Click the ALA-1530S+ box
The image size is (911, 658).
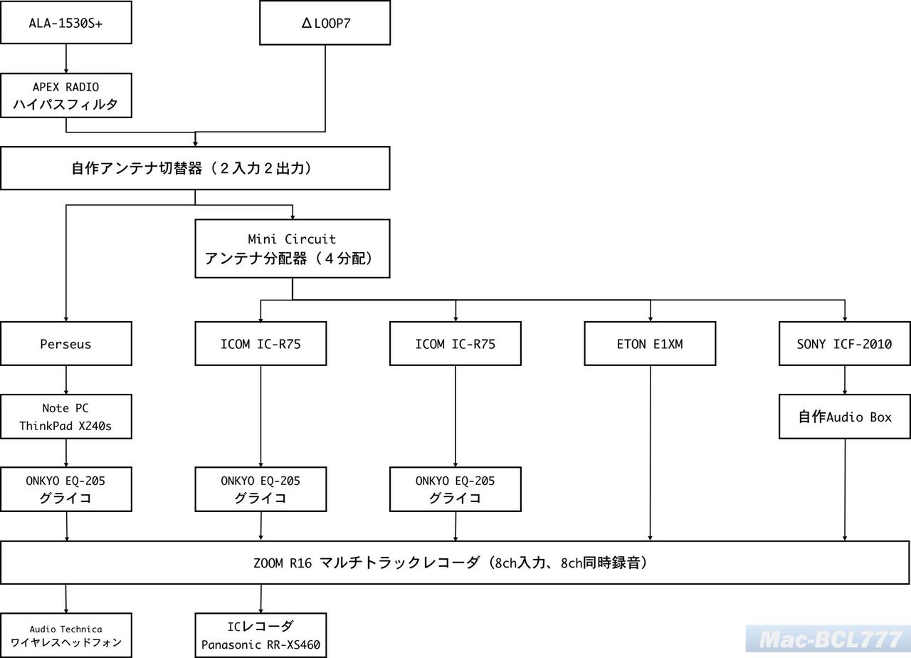point(66,22)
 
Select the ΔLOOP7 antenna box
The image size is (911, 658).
point(325,23)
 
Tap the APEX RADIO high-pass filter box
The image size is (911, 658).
point(66,95)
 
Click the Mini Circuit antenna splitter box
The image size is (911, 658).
point(293,249)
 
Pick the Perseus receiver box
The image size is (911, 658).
point(66,344)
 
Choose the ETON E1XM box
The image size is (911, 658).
point(650,344)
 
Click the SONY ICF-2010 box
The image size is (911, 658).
point(844,344)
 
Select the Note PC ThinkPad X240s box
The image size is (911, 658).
point(66,417)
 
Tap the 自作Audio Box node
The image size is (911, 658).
point(844,417)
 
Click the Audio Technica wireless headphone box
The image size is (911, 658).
point(66,634)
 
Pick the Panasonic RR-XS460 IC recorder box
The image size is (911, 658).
point(260,635)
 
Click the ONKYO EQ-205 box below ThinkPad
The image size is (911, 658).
point(66,489)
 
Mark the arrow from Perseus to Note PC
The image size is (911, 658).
point(66,380)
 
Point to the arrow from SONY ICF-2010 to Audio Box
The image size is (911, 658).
point(844,380)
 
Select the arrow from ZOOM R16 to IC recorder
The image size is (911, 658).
point(260,598)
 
